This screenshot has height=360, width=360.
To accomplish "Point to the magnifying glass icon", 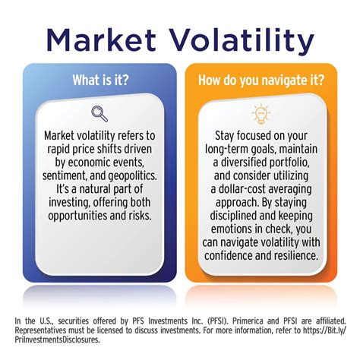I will (x=99, y=115).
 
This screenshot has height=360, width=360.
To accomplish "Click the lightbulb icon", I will (x=261, y=115).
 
